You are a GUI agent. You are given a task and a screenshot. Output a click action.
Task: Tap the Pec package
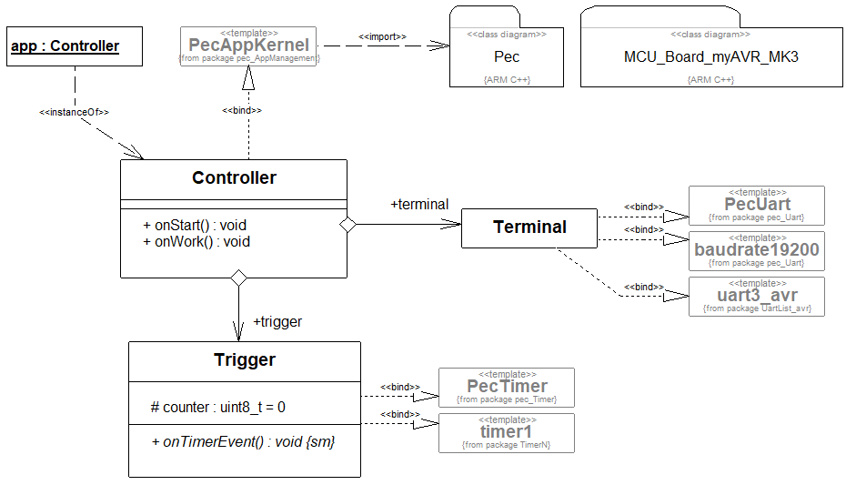pos(507,56)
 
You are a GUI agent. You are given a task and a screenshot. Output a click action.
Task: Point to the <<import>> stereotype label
pos(382,36)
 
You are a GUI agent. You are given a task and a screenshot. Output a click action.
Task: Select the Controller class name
pos(234,178)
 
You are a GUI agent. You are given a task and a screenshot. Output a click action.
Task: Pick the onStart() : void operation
pos(195,225)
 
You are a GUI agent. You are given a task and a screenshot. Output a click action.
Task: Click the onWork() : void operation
pos(196,241)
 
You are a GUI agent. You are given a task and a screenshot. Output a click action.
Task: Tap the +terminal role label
pos(419,205)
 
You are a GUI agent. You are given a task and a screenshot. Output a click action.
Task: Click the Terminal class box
pos(529,227)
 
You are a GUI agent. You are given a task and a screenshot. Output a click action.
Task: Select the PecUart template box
pos(757,205)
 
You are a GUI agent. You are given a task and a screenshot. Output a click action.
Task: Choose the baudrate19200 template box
pos(757,251)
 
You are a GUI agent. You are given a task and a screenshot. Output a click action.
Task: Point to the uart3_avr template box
pos(757,296)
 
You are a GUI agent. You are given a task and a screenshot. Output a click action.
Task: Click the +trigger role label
pos(277,321)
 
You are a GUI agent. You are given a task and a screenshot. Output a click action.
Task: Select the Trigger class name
pos(245,360)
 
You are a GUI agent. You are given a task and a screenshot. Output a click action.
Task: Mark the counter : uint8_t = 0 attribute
pos(218,407)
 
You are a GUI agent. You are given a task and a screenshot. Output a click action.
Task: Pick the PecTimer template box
pos(507,387)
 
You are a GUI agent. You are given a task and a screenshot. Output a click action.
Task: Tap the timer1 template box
pos(507,432)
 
